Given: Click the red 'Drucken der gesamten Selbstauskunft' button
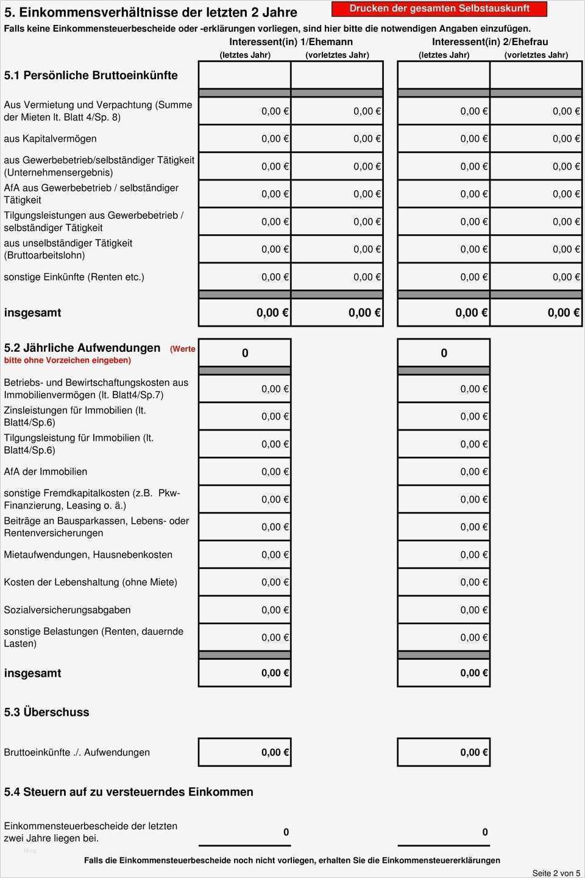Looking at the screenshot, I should [x=439, y=9].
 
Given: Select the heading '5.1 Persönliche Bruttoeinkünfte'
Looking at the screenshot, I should [x=91, y=76].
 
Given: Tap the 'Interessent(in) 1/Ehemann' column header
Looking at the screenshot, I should [x=291, y=41].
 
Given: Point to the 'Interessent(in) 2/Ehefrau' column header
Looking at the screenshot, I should [x=490, y=41].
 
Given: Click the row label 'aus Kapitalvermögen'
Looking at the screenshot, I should [x=50, y=139].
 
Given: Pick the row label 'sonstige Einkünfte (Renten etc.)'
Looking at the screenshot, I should [x=74, y=277].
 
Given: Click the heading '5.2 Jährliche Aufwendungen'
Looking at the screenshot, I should [x=82, y=348].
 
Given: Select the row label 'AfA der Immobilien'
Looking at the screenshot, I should [x=46, y=472].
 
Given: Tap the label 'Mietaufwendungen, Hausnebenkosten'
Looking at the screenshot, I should [x=88, y=555].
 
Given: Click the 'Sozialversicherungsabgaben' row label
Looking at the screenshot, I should [x=67, y=610].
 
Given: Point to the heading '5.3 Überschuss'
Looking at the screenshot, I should [x=46, y=712].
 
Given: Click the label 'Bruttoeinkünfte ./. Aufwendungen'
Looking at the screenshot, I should [x=77, y=752].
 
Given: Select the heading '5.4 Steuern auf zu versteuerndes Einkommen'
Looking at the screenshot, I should [x=129, y=792].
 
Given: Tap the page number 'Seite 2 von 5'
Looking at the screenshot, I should [x=556, y=873].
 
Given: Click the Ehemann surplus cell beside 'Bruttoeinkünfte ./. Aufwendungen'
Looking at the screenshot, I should [x=245, y=752].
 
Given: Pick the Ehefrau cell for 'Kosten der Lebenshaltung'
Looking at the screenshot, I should [x=444, y=582].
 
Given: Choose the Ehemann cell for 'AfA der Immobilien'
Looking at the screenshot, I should [x=245, y=472].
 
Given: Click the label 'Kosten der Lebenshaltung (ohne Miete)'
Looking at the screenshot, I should [x=90, y=582].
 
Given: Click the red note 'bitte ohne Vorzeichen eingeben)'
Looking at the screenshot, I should [x=68, y=360].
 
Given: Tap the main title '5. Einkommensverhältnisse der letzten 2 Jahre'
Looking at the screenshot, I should [x=151, y=13].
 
